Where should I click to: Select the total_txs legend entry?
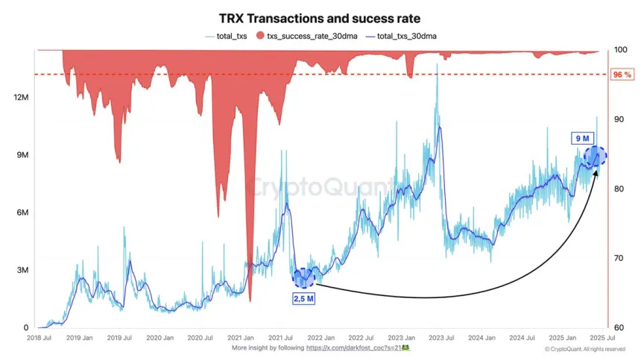coord(228,36)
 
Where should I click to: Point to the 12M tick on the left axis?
coord(20,98)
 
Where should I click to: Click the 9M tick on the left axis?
coord(20,155)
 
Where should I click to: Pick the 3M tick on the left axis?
coord(20,270)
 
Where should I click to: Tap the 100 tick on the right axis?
coord(619,50)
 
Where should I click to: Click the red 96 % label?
coord(622,75)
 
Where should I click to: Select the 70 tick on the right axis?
coord(618,259)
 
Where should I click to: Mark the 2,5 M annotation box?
coord(304,299)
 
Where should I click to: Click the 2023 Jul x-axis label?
coord(440,338)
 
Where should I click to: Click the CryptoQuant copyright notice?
coord(585,349)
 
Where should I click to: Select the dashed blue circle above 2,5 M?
coord(304,278)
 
